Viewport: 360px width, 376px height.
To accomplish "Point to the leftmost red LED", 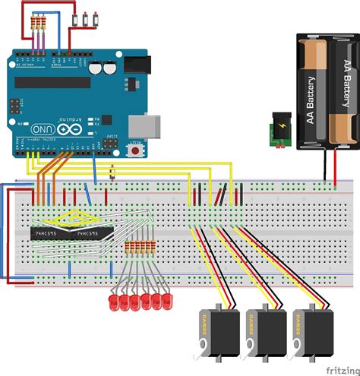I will coord(113,303).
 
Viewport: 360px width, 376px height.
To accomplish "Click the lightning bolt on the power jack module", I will coord(283,125).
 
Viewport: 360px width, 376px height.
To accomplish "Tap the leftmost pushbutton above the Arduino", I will coord(86,17).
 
